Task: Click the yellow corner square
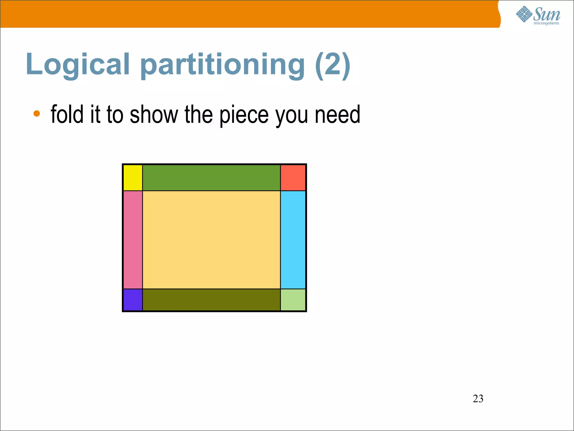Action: (x=133, y=178)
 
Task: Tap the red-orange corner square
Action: (x=293, y=178)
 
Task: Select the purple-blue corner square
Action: (x=133, y=300)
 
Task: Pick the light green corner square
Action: (x=293, y=300)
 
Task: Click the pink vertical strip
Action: (x=133, y=240)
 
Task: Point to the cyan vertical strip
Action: (x=293, y=240)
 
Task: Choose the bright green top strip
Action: (x=211, y=178)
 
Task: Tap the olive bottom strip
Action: (x=211, y=300)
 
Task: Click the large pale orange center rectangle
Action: (x=211, y=240)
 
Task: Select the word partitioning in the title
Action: (x=223, y=65)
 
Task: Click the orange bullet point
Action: (x=37, y=114)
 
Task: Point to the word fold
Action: (x=67, y=114)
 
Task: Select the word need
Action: (x=337, y=114)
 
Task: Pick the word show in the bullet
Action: (x=154, y=114)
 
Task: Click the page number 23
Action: (x=478, y=398)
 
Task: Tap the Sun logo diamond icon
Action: (x=524, y=14)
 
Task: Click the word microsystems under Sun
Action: (x=546, y=23)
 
